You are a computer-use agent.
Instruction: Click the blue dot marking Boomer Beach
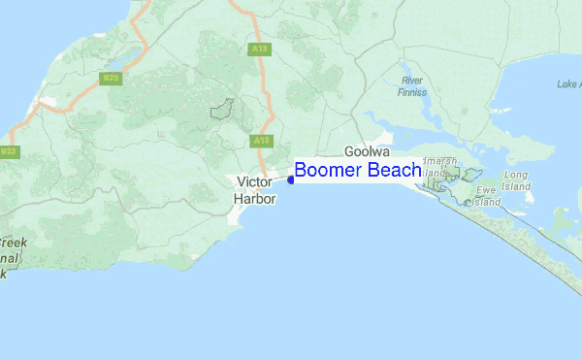[291, 180]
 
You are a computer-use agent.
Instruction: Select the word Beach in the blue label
[394, 171]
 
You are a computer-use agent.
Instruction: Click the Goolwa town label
[369, 152]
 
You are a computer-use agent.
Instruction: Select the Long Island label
[516, 180]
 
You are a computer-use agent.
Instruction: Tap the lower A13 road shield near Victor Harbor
[260, 142]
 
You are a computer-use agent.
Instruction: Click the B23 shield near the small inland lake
[112, 79]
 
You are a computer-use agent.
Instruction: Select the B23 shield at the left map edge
[9, 152]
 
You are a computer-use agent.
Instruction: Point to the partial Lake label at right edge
[568, 84]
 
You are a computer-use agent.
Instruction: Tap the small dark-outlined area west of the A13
[223, 108]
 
